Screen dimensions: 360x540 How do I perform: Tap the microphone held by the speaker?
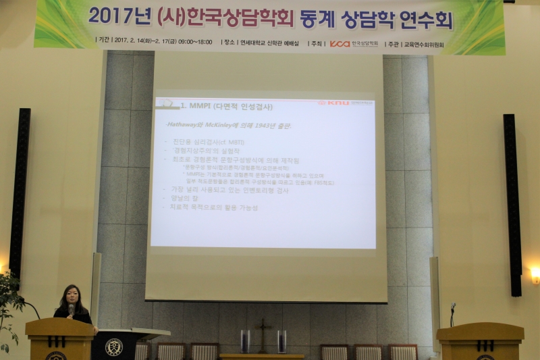tap(71, 310)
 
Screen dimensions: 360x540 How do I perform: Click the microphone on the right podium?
tap(453, 308)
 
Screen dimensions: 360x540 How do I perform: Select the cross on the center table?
tap(263, 332)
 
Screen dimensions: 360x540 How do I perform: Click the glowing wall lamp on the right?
tap(535, 274)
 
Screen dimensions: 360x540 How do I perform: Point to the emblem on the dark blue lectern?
tap(113, 346)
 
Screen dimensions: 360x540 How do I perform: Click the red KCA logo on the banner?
tap(340, 43)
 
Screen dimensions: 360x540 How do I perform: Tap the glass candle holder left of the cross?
tap(245, 341)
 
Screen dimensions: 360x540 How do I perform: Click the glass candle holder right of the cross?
tap(281, 341)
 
